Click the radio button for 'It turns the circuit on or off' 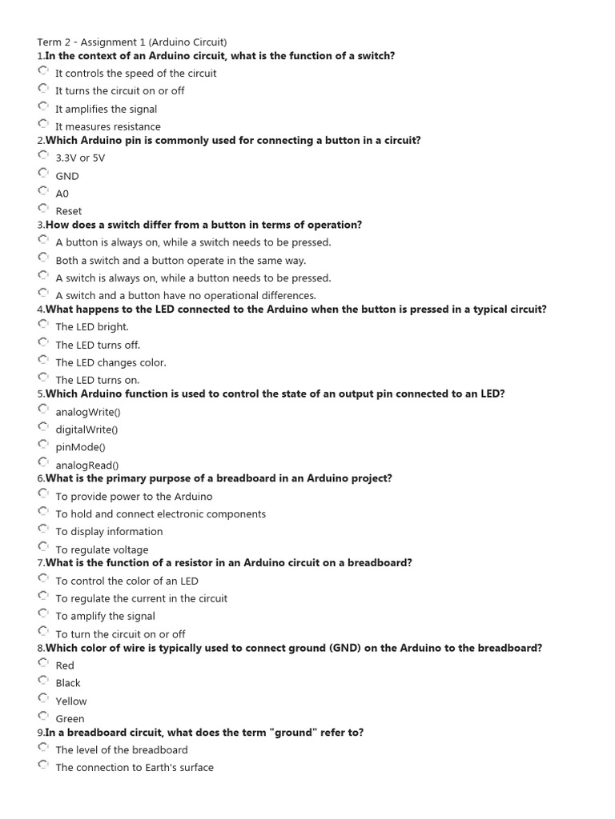coord(42,88)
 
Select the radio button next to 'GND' coord(42,173)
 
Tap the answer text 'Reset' coord(69,211)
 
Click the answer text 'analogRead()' coord(87,465)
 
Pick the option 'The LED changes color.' coord(111,362)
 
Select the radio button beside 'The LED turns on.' coord(42,377)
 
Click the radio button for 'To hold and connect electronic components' coord(42,511)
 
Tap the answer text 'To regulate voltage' coord(102,549)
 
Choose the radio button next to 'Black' coord(42,680)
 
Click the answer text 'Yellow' coord(71,701)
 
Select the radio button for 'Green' coord(42,716)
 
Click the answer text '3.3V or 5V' coord(80,158)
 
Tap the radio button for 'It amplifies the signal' coord(42,106)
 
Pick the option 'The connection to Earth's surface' coord(135,768)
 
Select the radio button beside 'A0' coord(42,190)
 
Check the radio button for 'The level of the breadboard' coord(42,747)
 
